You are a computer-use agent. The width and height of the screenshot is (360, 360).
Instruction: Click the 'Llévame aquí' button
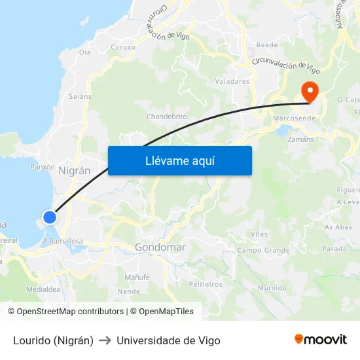[x=179, y=160]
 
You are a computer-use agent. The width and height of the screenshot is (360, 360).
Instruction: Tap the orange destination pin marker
[x=308, y=91]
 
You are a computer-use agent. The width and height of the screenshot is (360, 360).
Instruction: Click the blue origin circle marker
[x=50, y=217]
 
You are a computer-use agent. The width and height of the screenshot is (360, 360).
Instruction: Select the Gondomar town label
[x=160, y=247]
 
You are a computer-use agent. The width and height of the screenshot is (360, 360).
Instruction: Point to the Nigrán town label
[x=74, y=170]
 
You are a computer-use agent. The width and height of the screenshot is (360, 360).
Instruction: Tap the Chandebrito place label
[x=166, y=117]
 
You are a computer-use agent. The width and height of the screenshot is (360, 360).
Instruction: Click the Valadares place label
[x=232, y=82]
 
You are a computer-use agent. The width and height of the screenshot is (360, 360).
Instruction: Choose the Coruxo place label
[x=123, y=47]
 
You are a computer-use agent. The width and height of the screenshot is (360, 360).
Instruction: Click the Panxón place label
[x=43, y=167]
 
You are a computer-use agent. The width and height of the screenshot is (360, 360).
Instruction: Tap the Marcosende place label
[x=294, y=118]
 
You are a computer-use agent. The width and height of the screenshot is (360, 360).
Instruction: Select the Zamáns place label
[x=300, y=139]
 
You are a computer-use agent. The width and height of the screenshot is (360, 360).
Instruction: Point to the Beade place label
[x=266, y=45]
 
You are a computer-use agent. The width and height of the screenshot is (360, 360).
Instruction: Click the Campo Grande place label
[x=263, y=250]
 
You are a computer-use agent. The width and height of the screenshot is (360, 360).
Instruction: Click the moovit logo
[x=320, y=340]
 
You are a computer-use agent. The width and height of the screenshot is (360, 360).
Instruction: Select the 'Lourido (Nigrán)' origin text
[x=53, y=340]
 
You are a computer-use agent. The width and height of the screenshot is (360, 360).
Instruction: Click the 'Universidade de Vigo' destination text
[x=168, y=340]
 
